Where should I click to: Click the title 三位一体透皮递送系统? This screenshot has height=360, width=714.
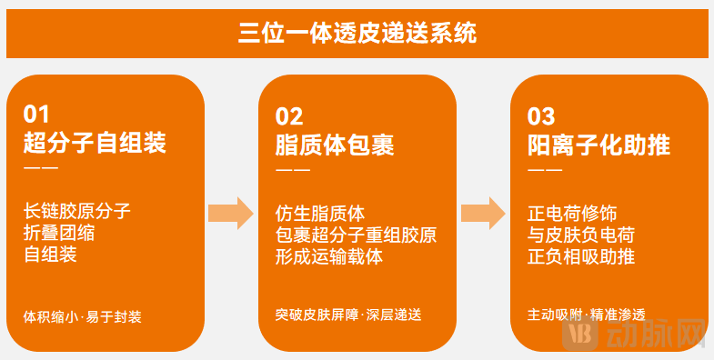tap(357, 34)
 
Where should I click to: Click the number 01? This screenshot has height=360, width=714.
tap(37, 115)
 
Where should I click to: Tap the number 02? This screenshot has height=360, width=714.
tap(289, 115)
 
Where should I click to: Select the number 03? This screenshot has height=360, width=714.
tap(541, 115)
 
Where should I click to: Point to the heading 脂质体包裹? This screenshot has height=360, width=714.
tap(334, 144)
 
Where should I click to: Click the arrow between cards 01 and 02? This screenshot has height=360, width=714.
tap(230, 213)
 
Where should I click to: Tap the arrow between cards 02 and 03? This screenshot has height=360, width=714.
tap(482, 213)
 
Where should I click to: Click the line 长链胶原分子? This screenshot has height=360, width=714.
tap(77, 212)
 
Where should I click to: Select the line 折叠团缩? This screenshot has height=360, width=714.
tap(59, 233)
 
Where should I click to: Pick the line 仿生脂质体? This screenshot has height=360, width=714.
tap(320, 213)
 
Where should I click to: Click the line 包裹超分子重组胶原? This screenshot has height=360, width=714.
tap(356, 235)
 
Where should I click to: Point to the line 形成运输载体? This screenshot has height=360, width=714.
tap(329, 255)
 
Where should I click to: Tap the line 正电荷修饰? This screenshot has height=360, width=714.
tap(572, 213)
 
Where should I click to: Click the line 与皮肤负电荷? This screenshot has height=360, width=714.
tap(581, 235)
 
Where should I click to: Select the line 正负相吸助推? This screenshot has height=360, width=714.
tap(581, 255)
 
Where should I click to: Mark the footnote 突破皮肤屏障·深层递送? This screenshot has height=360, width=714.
tap(348, 315)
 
